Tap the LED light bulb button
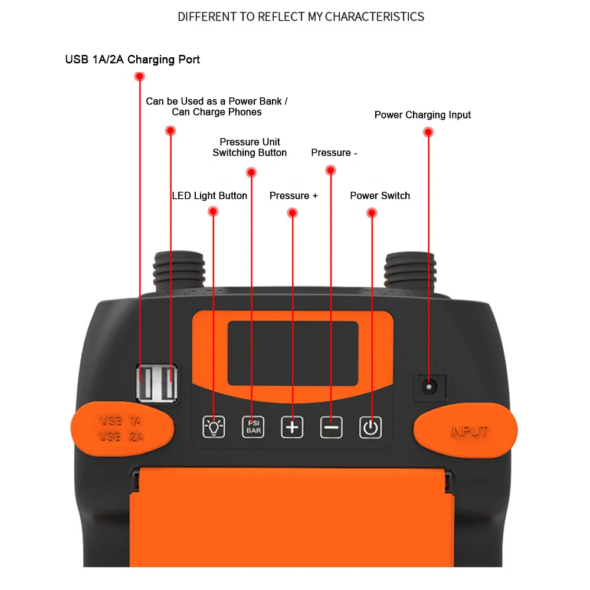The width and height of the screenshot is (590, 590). point(214,427)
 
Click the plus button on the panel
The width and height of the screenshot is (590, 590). point(292,427)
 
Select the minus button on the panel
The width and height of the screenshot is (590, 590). point(331,427)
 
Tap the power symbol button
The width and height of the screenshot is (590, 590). point(371,427)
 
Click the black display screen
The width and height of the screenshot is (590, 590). point(293,352)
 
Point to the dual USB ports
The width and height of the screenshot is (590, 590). point(156,383)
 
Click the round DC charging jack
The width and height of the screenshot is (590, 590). point(429,387)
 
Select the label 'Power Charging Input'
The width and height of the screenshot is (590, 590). point(422,115)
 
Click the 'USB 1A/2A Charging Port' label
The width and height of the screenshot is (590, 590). point(132,60)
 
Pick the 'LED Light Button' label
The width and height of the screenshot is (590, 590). point(209,196)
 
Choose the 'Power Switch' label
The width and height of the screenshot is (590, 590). point(380,196)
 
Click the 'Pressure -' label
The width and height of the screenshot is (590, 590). point(334,153)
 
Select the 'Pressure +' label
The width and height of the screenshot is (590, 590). point(293,196)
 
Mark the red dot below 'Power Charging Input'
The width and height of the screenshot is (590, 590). point(428,132)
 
